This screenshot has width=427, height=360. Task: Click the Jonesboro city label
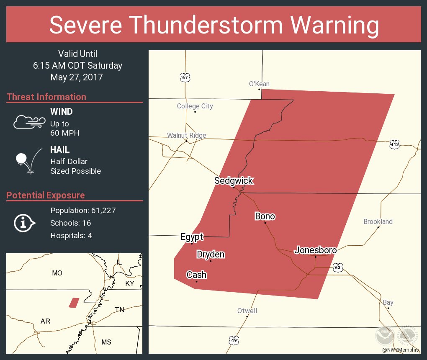(316, 250)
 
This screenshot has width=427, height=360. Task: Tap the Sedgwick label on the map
(234, 181)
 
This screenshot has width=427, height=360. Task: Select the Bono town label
(265, 216)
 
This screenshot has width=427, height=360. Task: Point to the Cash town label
(196, 275)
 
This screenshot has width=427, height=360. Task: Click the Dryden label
(211, 255)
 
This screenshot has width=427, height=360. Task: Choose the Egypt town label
(192, 237)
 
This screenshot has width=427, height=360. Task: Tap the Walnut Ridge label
(187, 135)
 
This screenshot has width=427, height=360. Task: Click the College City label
(195, 106)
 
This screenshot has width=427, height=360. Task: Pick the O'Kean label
(259, 84)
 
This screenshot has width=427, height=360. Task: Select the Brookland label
(378, 221)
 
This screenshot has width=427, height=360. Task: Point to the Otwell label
(247, 311)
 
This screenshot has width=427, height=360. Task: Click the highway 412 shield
(394, 144)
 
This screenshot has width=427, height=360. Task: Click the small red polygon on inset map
(74, 303)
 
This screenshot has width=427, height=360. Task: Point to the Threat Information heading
(46, 97)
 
